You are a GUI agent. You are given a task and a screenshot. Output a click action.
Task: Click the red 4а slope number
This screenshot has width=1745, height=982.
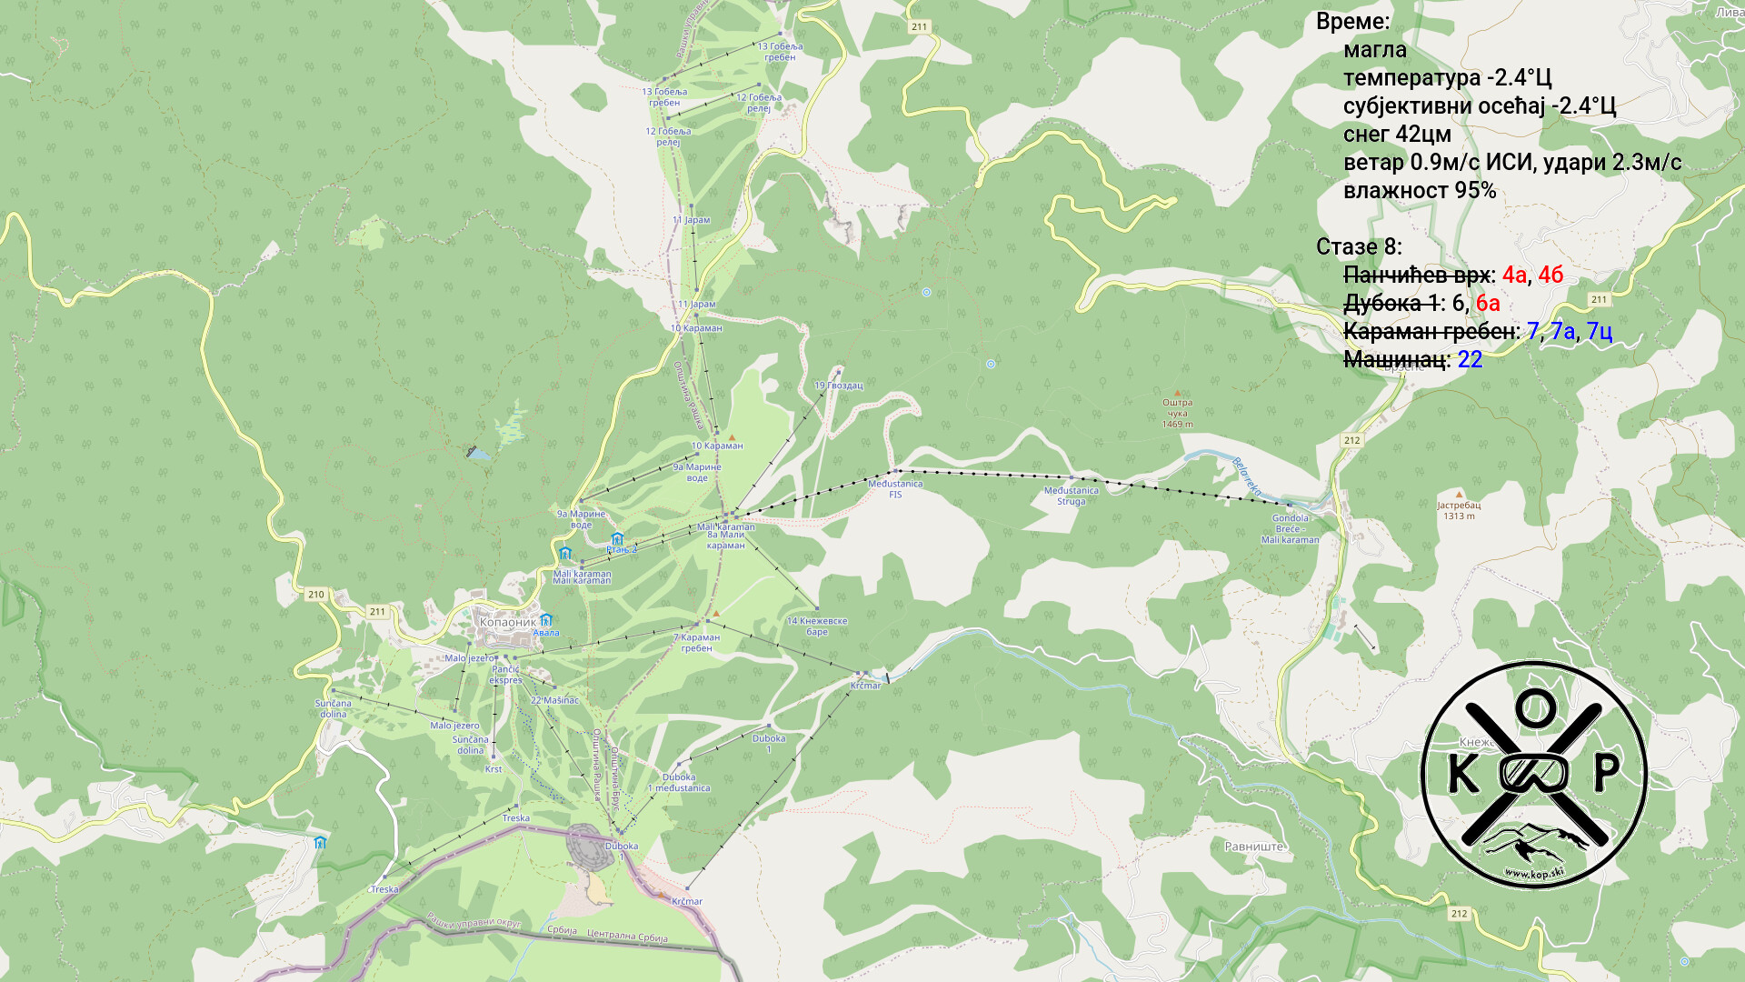pos(1513,275)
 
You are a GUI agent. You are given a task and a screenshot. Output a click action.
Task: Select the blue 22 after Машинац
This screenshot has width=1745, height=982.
pos(1470,359)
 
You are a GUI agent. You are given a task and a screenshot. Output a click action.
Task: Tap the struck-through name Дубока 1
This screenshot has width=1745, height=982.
pos(1391,303)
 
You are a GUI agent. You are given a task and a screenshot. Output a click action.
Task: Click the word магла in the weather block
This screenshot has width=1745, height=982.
pos(1374,50)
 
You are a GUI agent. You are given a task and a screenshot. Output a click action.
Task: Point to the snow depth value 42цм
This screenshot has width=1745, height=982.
pos(1422,135)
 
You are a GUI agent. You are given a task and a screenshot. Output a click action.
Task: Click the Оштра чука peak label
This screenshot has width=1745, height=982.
pos(1177,413)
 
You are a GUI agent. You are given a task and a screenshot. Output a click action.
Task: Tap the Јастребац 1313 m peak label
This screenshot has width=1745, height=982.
pos(1458,510)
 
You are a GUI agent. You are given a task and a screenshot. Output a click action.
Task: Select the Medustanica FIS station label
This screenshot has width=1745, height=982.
pos(895,489)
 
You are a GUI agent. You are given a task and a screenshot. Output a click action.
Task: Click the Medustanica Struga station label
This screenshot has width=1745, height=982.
pos(1071,496)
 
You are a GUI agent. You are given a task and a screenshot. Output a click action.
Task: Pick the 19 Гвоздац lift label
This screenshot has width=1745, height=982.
pos(838,386)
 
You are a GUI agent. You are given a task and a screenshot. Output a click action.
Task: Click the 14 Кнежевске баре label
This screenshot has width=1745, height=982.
pos(816,626)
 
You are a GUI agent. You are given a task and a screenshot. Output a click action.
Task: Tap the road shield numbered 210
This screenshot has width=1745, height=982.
pos(315,595)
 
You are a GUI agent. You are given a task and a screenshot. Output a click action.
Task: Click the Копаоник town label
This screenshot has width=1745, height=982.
pos(507,623)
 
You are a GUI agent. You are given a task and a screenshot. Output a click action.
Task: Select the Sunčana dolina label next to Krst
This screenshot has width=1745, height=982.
pos(471,745)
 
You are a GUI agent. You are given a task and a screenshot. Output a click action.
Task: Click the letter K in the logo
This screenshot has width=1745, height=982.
pos(1461,774)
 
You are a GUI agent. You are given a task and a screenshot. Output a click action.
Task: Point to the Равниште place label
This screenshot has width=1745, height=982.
pos(1254,847)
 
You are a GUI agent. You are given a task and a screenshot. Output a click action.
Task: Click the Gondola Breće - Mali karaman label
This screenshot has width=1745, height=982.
pos(1290,529)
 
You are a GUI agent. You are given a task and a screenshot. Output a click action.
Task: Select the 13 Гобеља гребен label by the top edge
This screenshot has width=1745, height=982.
pos(780,52)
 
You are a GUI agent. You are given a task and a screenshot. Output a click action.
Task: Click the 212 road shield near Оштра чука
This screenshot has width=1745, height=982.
pos(1351,440)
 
